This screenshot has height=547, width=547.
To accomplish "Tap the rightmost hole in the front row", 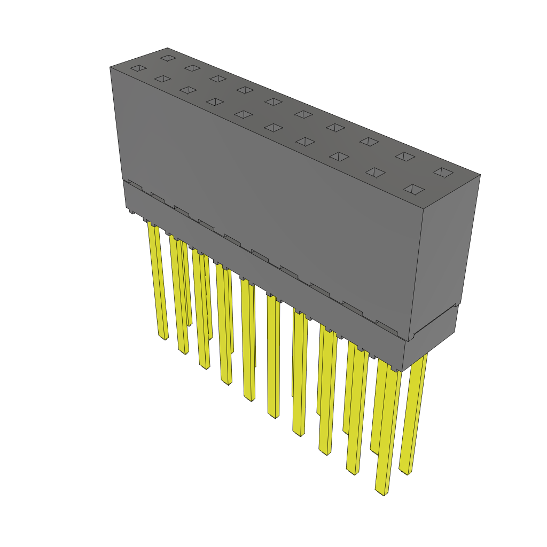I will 414,189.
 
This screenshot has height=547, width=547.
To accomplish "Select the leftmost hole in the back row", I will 168,57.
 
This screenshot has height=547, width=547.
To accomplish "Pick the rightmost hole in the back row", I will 442,172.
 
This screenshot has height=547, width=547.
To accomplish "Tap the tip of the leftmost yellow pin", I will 163,337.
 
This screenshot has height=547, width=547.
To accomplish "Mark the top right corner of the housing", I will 480,175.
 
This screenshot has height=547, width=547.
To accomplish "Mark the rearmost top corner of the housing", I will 167,48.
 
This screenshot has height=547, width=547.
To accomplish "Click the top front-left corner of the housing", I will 110,67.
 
